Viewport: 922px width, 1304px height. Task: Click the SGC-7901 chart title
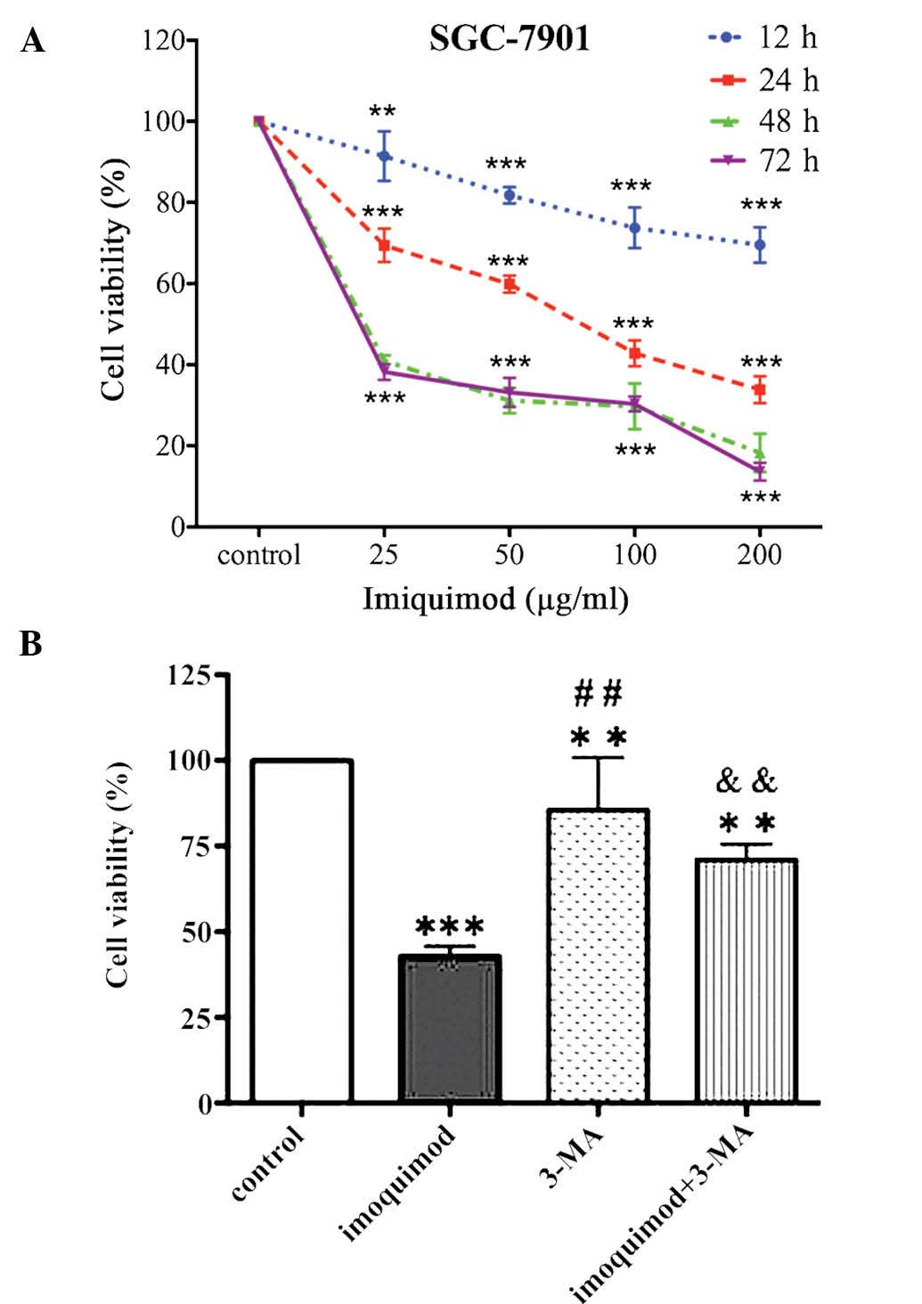click(x=509, y=38)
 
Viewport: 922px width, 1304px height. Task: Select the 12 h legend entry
click(x=762, y=38)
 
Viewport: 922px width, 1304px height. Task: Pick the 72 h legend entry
click(x=762, y=161)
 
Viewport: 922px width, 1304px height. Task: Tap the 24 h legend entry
click(x=762, y=80)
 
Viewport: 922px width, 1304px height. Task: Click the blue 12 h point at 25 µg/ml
click(x=384, y=156)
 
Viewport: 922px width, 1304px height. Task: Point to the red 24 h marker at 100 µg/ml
click(x=635, y=354)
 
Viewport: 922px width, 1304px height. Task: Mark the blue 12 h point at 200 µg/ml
click(x=760, y=244)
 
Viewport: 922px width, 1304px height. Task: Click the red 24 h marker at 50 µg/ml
click(x=510, y=284)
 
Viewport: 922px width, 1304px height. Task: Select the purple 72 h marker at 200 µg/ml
click(x=760, y=469)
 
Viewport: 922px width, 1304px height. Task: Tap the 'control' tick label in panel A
click(x=259, y=555)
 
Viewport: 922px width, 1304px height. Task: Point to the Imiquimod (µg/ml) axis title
click(x=495, y=599)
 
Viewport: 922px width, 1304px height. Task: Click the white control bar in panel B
click(x=302, y=931)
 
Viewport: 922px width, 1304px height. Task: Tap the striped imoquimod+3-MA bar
click(x=746, y=981)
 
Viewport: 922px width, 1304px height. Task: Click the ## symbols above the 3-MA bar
click(x=598, y=692)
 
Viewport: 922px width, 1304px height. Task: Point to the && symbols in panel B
click(x=746, y=782)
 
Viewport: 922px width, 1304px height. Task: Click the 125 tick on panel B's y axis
click(x=190, y=675)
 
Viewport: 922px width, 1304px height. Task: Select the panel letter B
click(x=31, y=642)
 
